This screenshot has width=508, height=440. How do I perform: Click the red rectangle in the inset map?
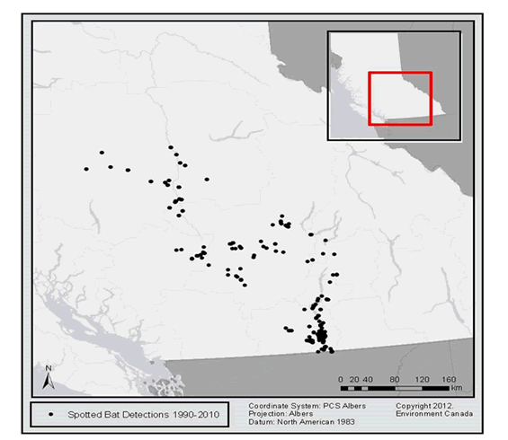400,100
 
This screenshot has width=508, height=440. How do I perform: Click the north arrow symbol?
49,382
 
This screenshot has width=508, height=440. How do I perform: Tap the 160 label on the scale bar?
450,378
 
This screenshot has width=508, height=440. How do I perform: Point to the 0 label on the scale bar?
340,378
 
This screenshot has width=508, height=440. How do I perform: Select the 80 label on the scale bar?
395,378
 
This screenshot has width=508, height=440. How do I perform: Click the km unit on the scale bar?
457,389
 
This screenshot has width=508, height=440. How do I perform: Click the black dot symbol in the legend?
52,414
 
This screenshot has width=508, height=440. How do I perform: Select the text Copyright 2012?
423,405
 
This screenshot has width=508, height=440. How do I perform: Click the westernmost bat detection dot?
86,169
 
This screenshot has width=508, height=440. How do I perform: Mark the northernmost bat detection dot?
171,147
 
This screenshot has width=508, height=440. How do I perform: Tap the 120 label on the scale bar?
422,378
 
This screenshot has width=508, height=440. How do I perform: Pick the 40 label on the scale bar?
368,378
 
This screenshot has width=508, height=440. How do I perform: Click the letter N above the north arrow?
49,368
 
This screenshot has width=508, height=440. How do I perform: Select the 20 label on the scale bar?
353,378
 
